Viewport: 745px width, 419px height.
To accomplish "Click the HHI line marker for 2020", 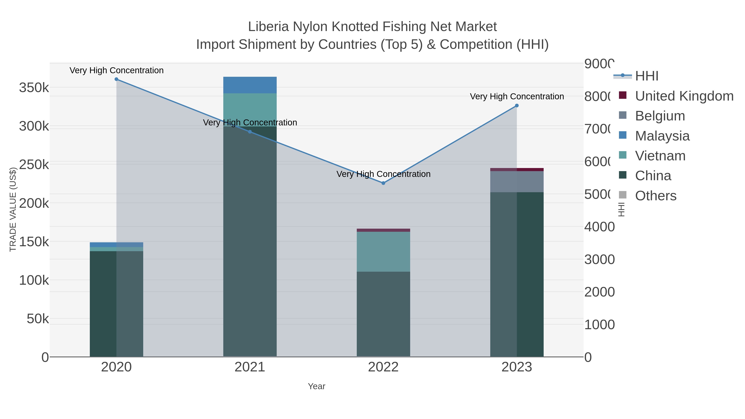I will (116, 79).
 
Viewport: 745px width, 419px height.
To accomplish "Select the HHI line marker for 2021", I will (250, 132).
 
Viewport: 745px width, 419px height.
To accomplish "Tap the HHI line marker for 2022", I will (383, 183).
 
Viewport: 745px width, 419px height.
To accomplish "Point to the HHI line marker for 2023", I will (517, 106).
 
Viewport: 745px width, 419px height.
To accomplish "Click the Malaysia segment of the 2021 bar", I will (250, 85).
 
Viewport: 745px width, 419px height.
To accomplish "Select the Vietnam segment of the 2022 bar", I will (383, 252).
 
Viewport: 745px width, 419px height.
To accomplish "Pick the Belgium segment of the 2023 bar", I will (517, 182).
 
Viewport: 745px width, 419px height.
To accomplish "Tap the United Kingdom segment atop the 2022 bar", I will (383, 230).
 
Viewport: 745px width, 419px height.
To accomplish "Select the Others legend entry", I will (655, 196).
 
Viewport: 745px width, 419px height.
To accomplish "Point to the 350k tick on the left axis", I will (34, 88).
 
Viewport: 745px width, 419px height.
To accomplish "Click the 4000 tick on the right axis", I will (599, 227).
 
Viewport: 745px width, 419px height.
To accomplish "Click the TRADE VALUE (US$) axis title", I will (13, 209).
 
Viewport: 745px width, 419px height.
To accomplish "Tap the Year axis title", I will (316, 386).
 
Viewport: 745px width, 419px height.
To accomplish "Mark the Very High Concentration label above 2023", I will (517, 96).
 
